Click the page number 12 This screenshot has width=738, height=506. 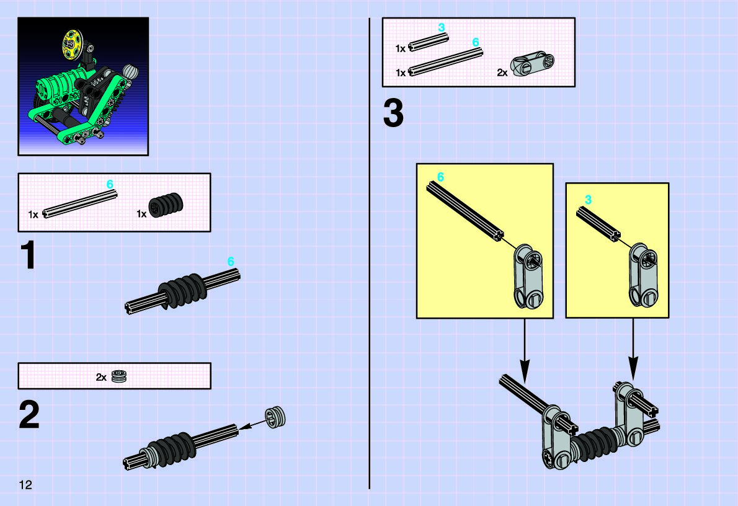point(25,485)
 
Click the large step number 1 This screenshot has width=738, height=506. point(29,255)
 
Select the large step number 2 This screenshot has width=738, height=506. point(29,415)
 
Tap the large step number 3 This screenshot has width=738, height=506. point(393,113)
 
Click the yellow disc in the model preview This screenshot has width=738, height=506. point(72,45)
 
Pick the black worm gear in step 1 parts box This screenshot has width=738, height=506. point(166,205)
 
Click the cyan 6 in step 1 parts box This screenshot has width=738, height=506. point(110,184)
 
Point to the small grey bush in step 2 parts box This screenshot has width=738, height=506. point(119,376)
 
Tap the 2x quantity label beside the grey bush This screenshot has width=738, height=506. point(101,377)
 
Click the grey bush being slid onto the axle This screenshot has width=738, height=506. point(275,417)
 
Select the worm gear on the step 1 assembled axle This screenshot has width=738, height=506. point(181,291)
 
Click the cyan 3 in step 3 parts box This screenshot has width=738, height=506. point(441,28)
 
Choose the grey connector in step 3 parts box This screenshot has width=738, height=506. point(533,63)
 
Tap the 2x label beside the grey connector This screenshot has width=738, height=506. point(502,73)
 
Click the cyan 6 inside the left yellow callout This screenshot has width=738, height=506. point(440,177)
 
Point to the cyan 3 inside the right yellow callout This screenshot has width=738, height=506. point(588,200)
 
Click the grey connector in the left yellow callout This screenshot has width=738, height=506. point(528,277)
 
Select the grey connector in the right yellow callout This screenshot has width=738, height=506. point(644,275)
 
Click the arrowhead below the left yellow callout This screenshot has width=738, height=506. point(525,370)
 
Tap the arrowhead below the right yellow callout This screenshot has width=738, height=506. point(634,368)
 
